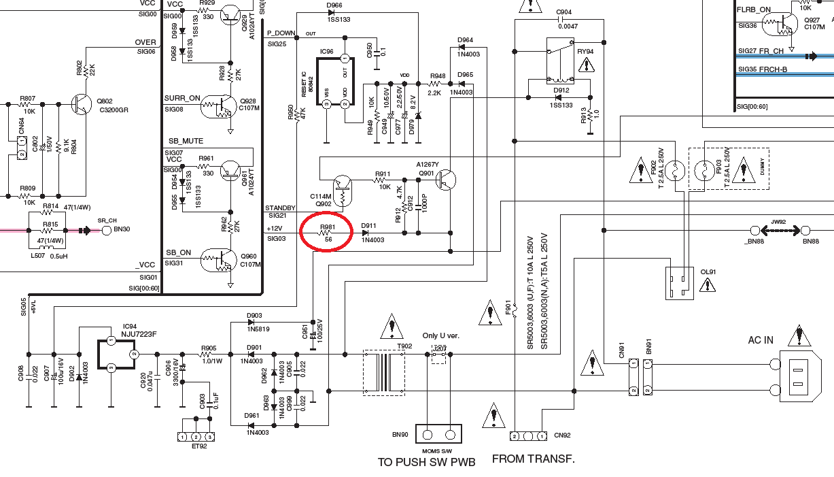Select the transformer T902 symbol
point(384,372)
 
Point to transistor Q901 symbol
point(446,180)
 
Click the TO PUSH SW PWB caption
point(426,462)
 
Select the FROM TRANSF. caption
point(534,459)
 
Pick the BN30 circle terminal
point(107,230)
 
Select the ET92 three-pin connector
point(196,436)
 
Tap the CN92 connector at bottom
point(528,435)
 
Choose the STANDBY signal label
point(280,208)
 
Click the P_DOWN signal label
point(281,33)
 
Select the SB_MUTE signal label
point(186,141)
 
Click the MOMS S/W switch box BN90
point(439,435)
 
